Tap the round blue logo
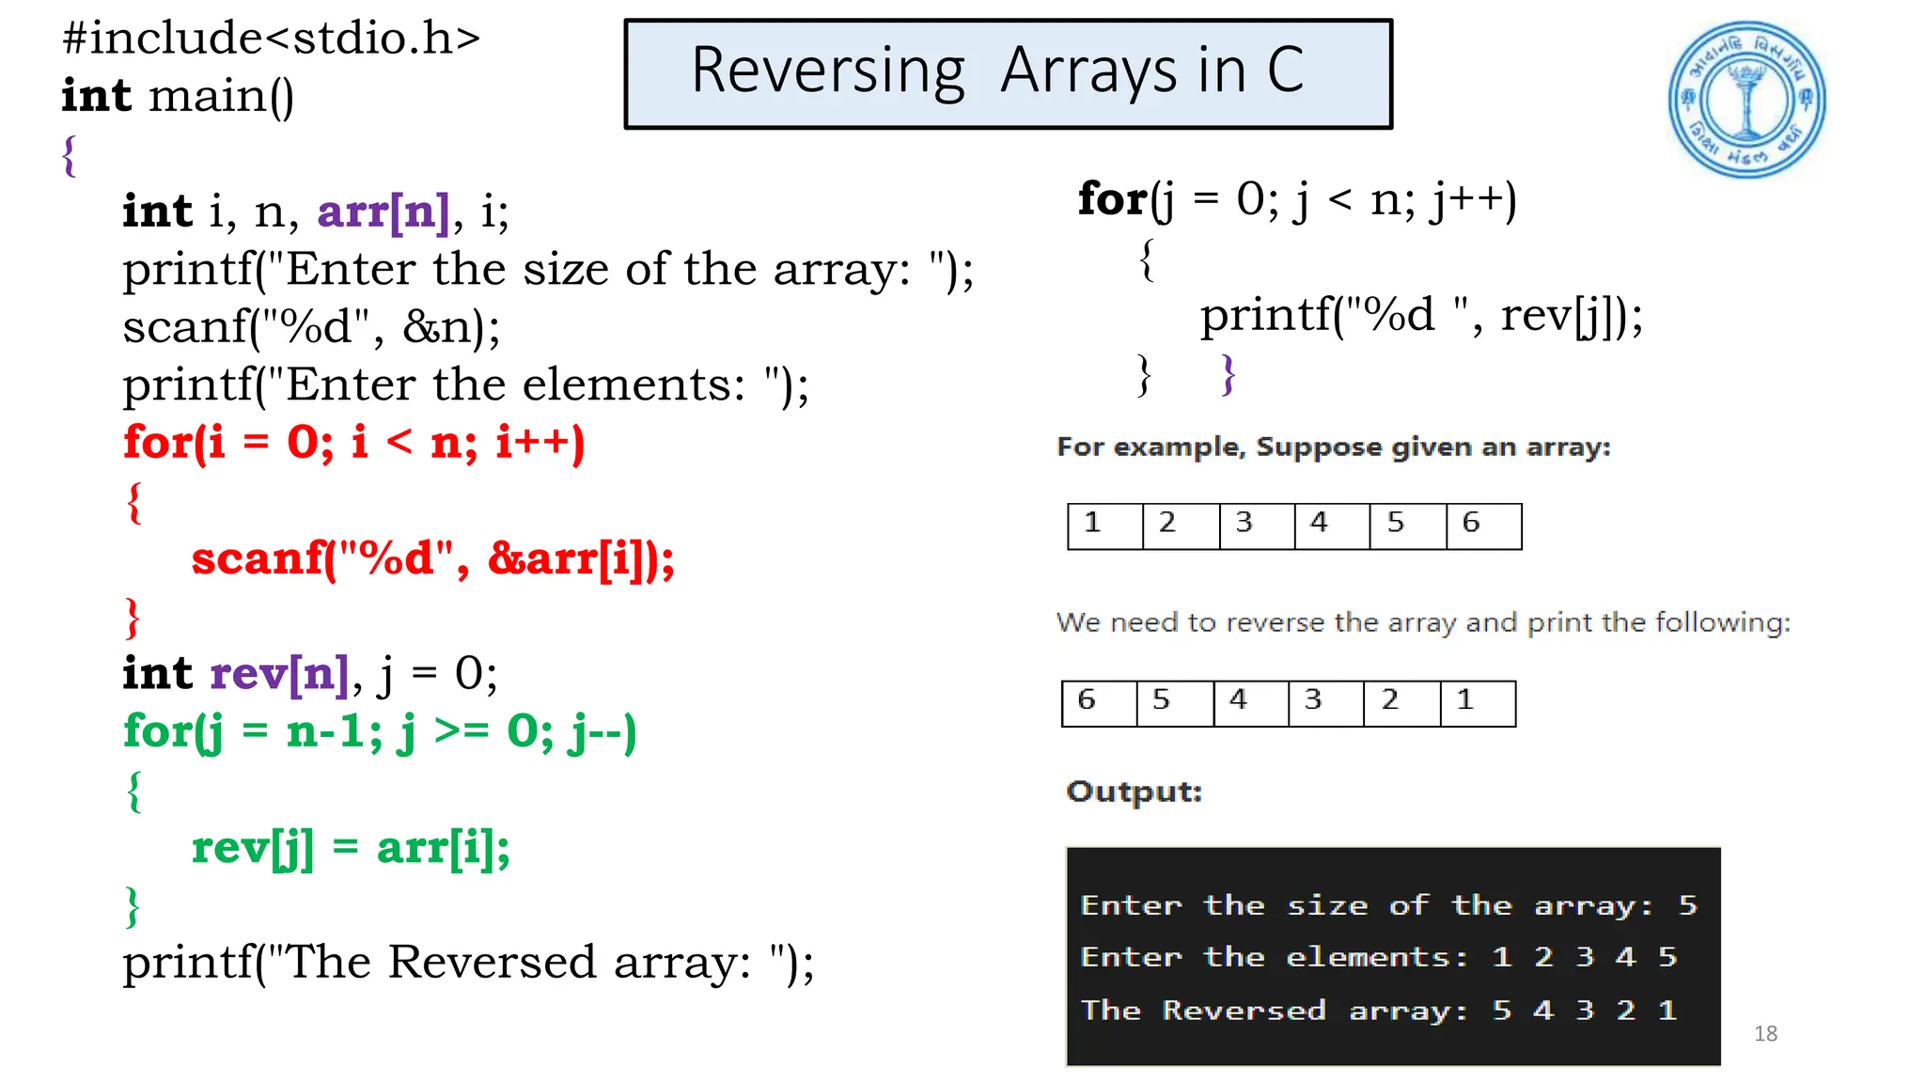click(x=1746, y=101)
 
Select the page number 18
click(x=1765, y=1033)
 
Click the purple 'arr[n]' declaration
click(x=383, y=212)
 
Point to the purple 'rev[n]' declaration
click(x=279, y=674)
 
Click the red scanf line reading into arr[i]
click(x=433, y=558)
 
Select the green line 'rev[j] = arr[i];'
click(x=351, y=848)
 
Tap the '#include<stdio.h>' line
click(x=271, y=39)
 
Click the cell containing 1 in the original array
click(x=1104, y=526)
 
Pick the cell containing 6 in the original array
click(x=1483, y=526)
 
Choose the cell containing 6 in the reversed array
click(x=1098, y=702)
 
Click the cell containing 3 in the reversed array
click(x=1325, y=702)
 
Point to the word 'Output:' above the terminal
click(x=1134, y=792)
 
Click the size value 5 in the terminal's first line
click(x=1688, y=905)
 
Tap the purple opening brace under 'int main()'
click(x=69, y=155)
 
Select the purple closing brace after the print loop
click(x=1228, y=374)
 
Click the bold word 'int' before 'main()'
click(x=96, y=96)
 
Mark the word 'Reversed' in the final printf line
click(x=492, y=963)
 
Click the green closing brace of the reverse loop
click(x=133, y=906)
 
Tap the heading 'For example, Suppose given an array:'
click(x=1333, y=447)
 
